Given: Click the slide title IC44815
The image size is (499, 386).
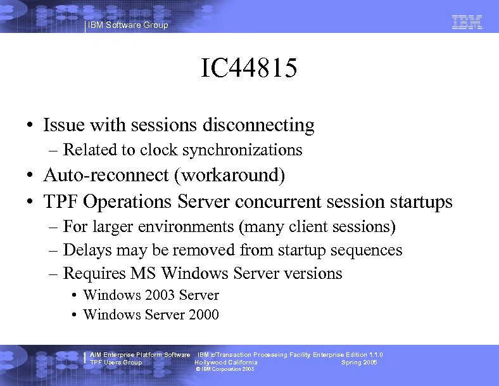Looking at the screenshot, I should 249,69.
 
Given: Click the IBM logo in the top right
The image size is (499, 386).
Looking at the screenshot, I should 467,23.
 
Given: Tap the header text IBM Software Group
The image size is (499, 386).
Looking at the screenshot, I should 128,25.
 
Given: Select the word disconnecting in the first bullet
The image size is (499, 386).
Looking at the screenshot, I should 258,125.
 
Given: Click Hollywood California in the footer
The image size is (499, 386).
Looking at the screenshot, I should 225,363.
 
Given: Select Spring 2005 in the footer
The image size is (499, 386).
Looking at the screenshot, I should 359,363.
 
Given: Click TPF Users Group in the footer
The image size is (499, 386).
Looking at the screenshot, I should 116,363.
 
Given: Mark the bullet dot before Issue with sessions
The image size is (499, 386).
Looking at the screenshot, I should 30,126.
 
